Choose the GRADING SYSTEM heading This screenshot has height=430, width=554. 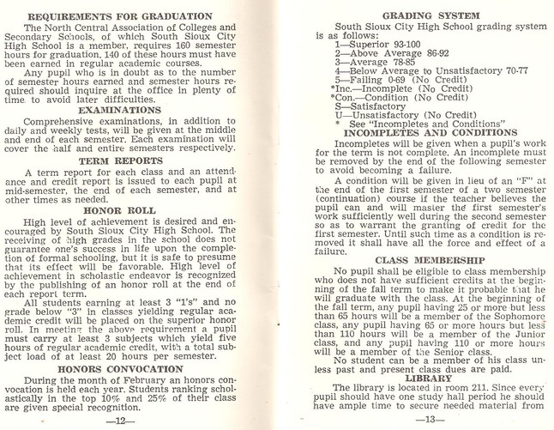click(419, 16)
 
